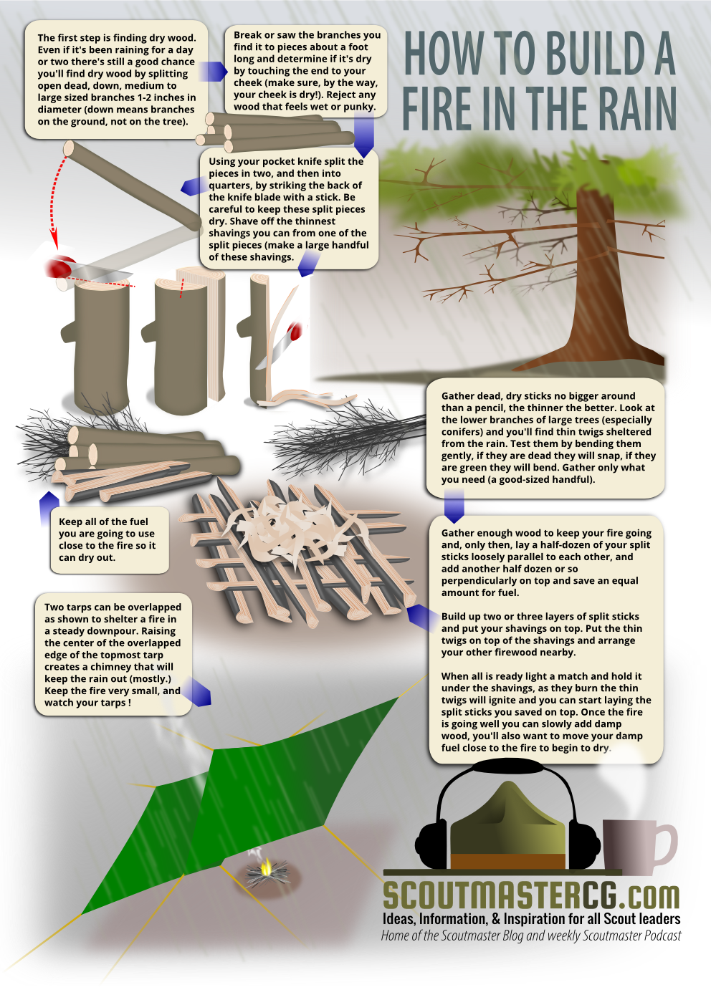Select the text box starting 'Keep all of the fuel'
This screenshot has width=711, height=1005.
110,539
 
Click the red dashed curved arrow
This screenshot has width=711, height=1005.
53,202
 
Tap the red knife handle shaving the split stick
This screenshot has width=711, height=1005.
295,332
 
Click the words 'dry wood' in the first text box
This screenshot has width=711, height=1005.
175,38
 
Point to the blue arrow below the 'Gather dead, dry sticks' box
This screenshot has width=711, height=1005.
454,506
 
